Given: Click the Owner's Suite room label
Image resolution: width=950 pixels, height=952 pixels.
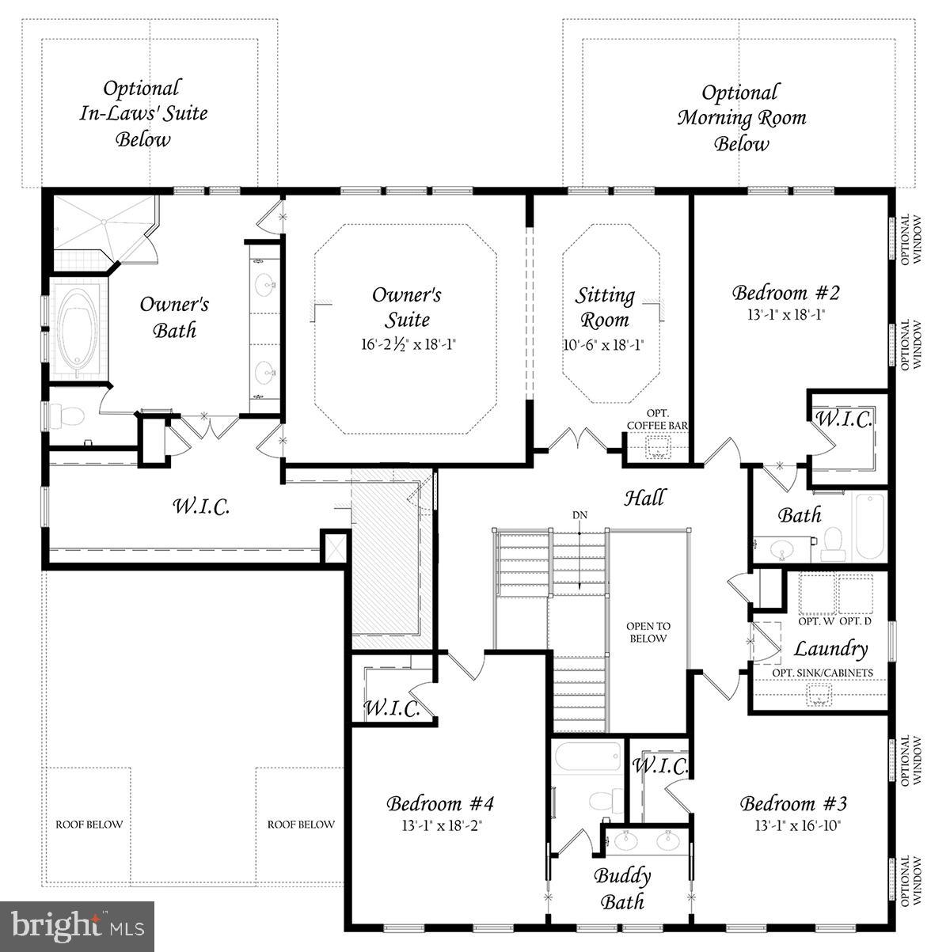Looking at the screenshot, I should click(406, 306).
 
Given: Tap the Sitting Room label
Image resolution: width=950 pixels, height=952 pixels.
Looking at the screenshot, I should click(605, 307).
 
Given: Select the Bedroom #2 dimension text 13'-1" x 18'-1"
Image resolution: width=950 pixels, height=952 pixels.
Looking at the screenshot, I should click(785, 313).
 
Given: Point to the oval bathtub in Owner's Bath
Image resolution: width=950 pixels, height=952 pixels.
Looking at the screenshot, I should click(78, 330).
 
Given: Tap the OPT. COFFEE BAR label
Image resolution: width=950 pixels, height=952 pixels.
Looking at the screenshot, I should click(657, 419).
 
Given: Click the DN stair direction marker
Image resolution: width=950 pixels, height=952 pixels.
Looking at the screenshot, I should click(580, 515).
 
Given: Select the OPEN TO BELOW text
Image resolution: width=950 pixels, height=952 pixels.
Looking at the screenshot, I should click(648, 632).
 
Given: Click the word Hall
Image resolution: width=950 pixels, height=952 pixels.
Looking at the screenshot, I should click(644, 498).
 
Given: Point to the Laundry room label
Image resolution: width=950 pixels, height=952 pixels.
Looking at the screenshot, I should click(830, 649).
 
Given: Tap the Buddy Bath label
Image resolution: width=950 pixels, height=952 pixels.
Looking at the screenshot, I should click(622, 888).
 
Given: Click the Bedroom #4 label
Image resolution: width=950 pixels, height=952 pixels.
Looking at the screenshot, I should click(440, 804).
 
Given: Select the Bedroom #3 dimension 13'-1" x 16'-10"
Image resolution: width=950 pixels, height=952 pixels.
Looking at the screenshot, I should click(793, 824).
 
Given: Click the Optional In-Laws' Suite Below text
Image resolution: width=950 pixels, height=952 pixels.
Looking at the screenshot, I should click(143, 113).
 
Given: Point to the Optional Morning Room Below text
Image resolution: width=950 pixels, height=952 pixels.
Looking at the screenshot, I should click(741, 118).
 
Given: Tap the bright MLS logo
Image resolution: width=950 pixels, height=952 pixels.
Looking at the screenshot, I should click(78, 924).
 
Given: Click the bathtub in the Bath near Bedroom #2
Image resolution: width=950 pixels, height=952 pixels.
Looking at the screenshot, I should click(871, 525).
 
